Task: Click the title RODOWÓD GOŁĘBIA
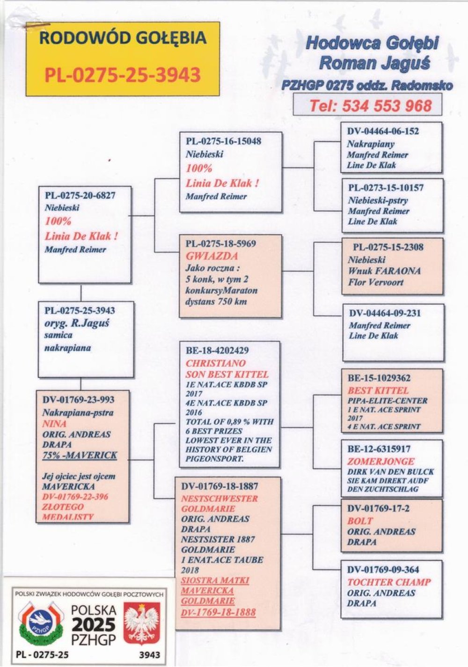123,38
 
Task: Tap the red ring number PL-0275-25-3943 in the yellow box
123,74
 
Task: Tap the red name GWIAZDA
205,256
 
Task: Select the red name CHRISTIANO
216,363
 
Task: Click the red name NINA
54,424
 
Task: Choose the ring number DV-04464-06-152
383,132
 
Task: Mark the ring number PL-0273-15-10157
386,188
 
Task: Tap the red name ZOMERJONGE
381,461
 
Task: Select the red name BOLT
360,520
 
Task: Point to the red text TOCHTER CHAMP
389,582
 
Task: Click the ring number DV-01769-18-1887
219,486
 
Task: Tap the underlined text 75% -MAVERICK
80,455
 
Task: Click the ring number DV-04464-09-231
385,313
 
